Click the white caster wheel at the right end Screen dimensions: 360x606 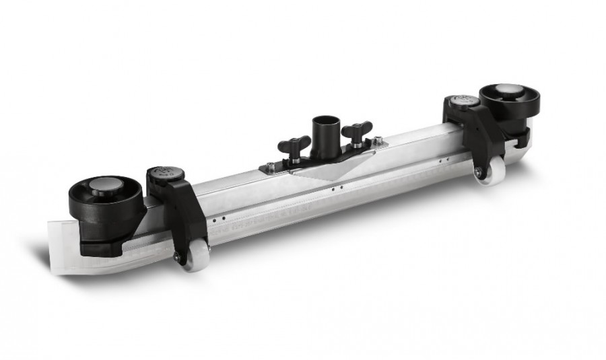[492, 169]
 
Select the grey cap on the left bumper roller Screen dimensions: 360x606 [107, 186]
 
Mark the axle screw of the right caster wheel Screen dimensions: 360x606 [479, 172]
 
